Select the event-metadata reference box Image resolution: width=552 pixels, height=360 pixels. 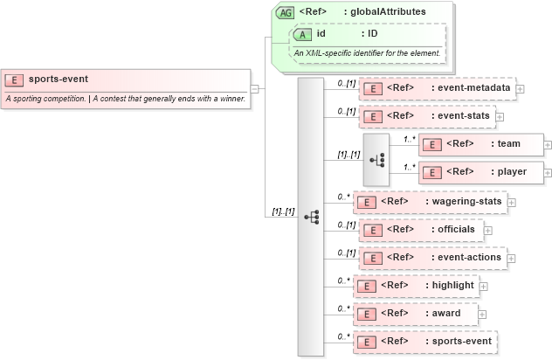[437, 88]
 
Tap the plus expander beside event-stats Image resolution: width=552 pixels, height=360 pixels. [500, 115]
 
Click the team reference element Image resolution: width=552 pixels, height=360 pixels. [480, 144]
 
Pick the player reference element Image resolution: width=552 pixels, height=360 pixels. [480, 172]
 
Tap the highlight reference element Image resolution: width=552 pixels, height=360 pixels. [415, 286]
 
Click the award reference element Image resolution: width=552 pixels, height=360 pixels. [415, 314]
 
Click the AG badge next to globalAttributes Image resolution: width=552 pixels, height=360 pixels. [285, 13]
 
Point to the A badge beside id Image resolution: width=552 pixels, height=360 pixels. [302, 34]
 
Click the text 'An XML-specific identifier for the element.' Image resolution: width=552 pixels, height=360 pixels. [367, 54]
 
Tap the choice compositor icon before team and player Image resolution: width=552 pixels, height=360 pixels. [376, 159]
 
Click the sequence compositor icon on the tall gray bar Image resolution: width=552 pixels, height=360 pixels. [311, 216]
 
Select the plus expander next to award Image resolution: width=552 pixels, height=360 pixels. [482, 315]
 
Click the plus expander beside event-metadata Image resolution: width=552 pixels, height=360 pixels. [521, 88]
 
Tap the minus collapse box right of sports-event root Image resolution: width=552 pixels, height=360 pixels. [254, 88]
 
